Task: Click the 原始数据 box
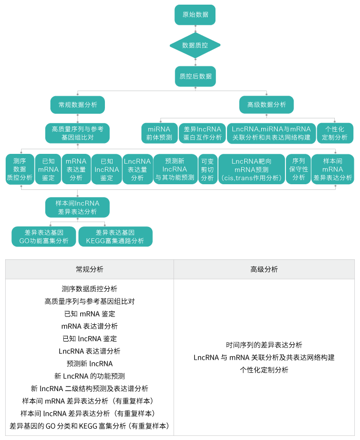195,15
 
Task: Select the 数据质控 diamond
195,45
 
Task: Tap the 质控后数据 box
195,76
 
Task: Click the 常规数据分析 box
78,105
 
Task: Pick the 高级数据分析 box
266,105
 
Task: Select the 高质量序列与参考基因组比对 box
78,133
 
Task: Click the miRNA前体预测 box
159,133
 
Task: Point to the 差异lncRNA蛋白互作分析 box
203,133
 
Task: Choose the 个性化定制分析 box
335,133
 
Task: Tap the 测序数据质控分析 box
20,169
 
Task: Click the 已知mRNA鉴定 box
48,169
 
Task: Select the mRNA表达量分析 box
76,169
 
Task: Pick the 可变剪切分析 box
207,169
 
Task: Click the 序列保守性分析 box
298,169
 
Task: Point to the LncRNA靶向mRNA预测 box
251,169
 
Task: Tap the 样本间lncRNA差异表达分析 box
78,207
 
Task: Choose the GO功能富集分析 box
44,237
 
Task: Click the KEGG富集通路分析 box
115,237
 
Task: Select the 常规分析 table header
89,269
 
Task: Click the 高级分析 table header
264,269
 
